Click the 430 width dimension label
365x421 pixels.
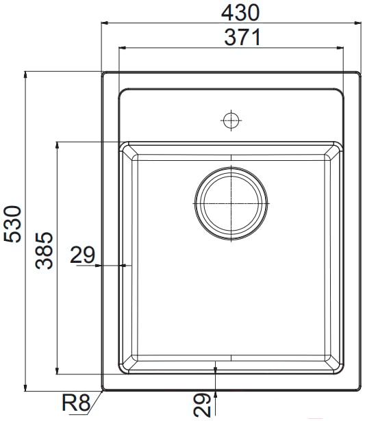point(240,12)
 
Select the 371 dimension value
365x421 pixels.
point(242,38)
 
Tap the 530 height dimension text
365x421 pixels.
point(12,224)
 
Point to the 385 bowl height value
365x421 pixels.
point(44,251)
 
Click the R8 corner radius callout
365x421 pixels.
point(76,403)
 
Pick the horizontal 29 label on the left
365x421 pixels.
point(82,255)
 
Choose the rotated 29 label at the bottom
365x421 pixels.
point(202,405)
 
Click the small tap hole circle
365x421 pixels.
point(231,120)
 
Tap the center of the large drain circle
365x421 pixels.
point(231,203)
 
